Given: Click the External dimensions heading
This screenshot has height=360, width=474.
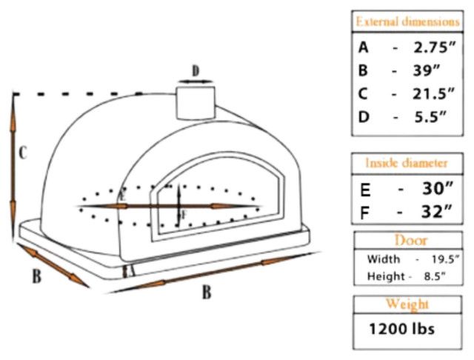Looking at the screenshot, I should pyautogui.click(x=407, y=21).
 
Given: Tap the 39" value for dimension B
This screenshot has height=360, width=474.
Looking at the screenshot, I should pyautogui.click(x=427, y=71).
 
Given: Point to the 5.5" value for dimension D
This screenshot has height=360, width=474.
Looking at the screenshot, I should pyautogui.click(x=429, y=117).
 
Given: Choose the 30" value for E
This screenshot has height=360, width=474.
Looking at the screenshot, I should pyautogui.click(x=433, y=189).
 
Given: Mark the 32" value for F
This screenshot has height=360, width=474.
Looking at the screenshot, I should pyautogui.click(x=433, y=212).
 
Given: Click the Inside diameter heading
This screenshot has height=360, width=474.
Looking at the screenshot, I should pyautogui.click(x=407, y=162).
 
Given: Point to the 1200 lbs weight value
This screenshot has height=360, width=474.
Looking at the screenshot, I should pyautogui.click(x=402, y=327).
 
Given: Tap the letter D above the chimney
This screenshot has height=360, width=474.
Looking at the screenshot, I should pyautogui.click(x=196, y=71).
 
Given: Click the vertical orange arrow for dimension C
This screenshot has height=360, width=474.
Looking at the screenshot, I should pyautogui.click(x=13, y=156).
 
